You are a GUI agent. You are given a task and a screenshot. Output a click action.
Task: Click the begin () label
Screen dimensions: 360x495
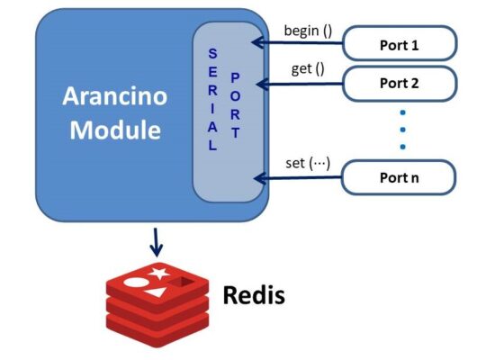[x=308, y=31]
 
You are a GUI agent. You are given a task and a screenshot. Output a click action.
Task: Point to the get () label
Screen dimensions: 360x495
[x=307, y=69]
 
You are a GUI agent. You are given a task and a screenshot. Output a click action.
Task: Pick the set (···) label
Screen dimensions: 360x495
[x=308, y=163]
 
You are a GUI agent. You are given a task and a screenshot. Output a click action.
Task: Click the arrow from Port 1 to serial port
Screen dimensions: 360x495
[x=297, y=42]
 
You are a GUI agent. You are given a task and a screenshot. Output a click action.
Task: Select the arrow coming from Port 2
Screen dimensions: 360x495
[x=297, y=84]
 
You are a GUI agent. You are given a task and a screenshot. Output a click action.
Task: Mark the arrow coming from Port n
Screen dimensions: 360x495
[x=297, y=178]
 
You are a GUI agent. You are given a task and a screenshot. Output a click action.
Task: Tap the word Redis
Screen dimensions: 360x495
[x=254, y=294]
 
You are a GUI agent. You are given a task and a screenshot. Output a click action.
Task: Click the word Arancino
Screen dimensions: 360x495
[x=115, y=95]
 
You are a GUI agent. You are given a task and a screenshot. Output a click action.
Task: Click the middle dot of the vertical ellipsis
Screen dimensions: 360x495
[x=402, y=130]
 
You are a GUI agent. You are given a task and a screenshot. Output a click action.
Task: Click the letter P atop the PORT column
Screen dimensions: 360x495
[x=235, y=76]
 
